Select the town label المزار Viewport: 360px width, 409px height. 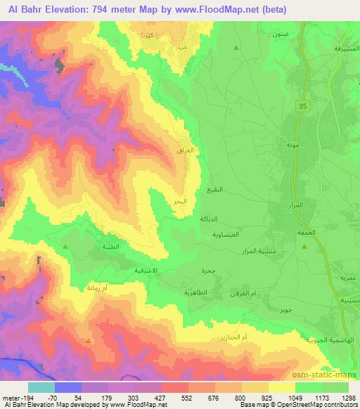[x=296, y=203]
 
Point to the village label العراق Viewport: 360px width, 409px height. [x=188, y=150]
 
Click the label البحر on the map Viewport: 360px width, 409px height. [x=180, y=202]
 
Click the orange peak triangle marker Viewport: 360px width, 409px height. [x=88, y=341]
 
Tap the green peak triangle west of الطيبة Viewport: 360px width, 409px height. [x=65, y=247]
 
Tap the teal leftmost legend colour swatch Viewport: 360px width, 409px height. [x=41, y=387]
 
